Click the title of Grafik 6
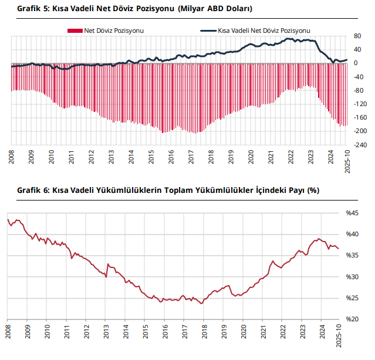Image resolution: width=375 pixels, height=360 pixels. click(168, 191)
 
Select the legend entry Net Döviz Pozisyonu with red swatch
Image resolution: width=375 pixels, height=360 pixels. click(106, 30)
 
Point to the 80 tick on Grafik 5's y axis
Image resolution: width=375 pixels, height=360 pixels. click(357, 36)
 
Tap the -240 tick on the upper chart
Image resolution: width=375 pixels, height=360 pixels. click(360, 144)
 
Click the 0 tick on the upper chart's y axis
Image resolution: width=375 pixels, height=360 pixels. click(355, 63)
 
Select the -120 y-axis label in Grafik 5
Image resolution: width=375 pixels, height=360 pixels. click(360, 104)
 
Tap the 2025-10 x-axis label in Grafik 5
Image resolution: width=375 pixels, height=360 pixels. click(347, 160)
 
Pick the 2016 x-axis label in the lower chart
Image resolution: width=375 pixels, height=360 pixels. click(164, 330)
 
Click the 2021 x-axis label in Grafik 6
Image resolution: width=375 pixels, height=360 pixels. click(262, 330)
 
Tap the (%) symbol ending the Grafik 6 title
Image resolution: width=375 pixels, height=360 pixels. click(313, 191)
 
